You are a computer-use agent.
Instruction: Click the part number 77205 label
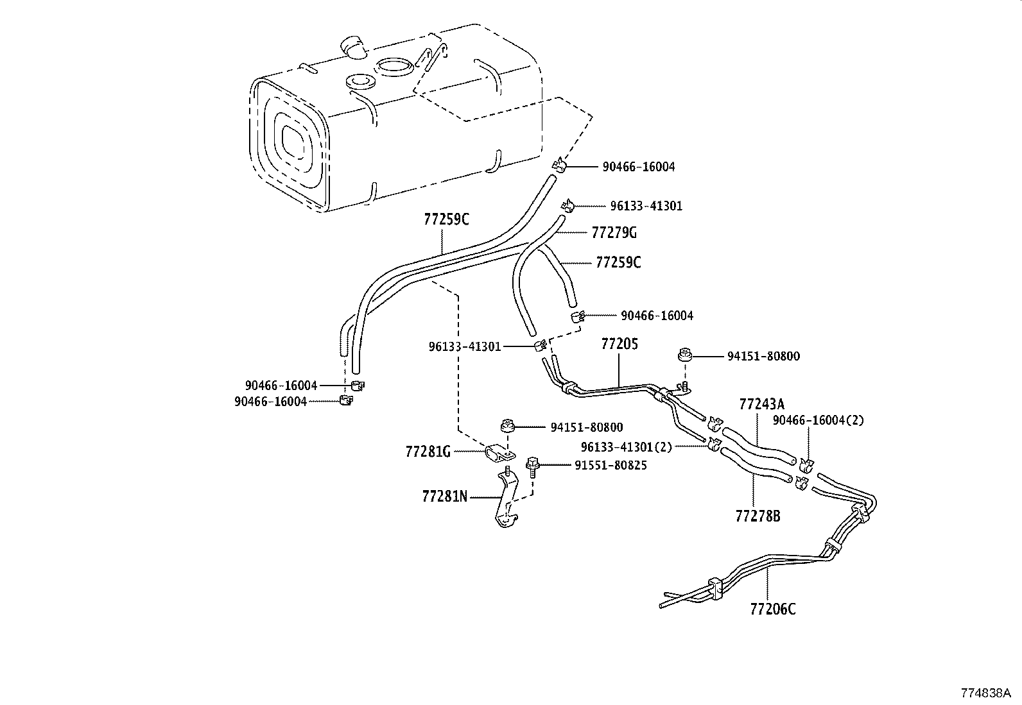tap(619, 344)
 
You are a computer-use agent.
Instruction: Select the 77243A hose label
tap(761, 404)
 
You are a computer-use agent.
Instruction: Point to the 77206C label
tap(772, 609)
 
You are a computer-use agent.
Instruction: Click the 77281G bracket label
tap(428, 452)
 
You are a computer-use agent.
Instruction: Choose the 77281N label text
tap(445, 496)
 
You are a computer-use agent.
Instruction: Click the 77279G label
tap(614, 232)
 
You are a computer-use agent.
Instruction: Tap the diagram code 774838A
tap(985, 693)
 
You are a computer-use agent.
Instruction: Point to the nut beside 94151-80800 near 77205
tap(684, 355)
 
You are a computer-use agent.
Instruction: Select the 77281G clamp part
tap(499, 454)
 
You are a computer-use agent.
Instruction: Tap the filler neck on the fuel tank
tap(352, 47)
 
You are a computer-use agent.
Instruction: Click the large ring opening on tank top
tap(394, 66)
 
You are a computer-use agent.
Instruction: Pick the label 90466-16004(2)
tap(818, 420)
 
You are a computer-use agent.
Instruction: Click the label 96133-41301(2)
tap(626, 446)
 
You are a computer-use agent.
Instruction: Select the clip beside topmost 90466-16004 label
tap(559, 166)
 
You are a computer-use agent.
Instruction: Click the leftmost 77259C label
tap(446, 219)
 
